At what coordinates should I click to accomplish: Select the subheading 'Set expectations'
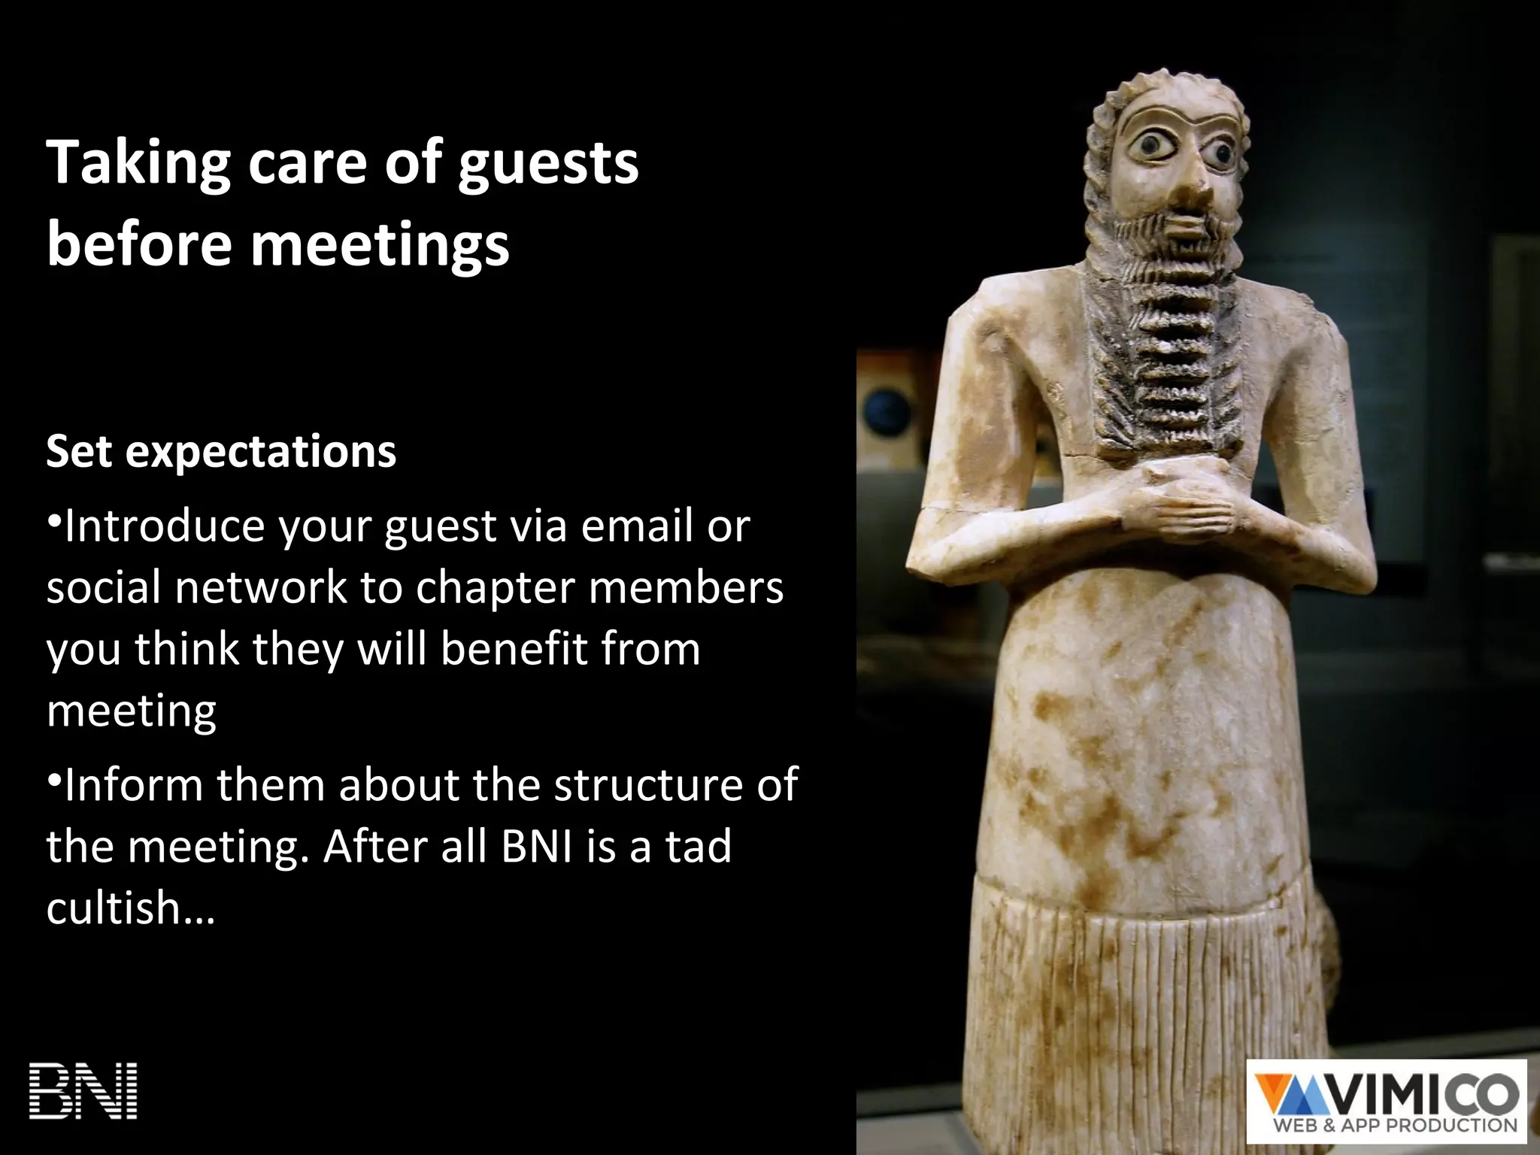click(221, 451)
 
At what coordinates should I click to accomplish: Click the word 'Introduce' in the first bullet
click(164, 526)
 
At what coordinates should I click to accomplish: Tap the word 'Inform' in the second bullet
click(134, 785)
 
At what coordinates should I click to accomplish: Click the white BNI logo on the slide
click(83, 1091)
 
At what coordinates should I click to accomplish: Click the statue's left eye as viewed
click(1152, 147)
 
